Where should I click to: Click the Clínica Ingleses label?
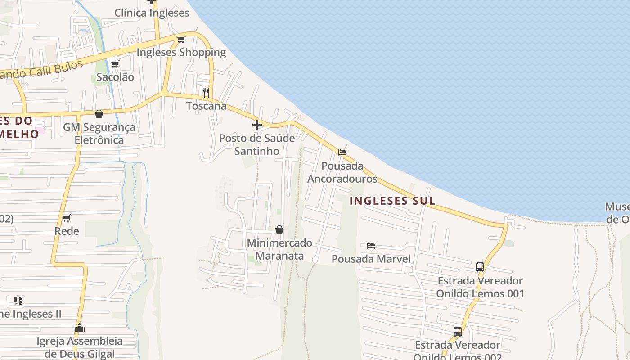point(152,13)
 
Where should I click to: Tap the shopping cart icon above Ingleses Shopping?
point(181,40)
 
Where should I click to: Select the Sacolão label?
point(115,77)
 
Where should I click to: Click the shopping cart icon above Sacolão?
point(115,64)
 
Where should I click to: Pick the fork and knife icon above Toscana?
point(206,93)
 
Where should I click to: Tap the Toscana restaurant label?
point(207,106)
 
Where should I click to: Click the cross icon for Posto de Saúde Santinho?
point(257,125)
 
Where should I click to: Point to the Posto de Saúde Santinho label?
point(257,144)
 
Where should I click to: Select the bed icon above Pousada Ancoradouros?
point(342,153)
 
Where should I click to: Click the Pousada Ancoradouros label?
point(342,172)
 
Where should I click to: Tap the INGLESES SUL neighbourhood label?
point(392,201)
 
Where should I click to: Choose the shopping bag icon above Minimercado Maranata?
point(279,229)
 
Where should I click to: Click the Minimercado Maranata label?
point(279,249)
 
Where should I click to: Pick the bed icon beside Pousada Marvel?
point(371,246)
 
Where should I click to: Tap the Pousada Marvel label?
point(371,259)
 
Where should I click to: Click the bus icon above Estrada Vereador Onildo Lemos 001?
point(480,267)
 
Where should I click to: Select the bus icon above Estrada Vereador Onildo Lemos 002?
point(458,332)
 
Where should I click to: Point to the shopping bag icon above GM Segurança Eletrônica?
point(99,114)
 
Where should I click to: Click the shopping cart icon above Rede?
point(67,218)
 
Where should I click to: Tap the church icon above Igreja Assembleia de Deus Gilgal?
point(80,328)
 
